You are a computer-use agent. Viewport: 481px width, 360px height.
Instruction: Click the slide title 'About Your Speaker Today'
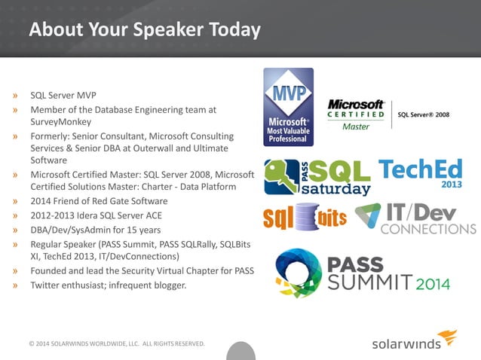[x=144, y=30]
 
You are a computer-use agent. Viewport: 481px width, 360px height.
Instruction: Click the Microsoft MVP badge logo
[x=288, y=107]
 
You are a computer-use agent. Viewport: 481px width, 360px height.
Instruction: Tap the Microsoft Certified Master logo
[x=357, y=114]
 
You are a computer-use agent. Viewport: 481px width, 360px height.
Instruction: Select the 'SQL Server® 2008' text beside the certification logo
[x=424, y=114]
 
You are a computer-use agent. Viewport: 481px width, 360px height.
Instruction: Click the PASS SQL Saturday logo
[x=317, y=177]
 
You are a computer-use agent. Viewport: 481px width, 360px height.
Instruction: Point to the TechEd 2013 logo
[x=421, y=173]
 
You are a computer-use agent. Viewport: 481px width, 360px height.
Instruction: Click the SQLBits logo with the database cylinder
[x=305, y=218]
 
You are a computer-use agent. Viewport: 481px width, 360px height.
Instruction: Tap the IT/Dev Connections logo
[x=415, y=218]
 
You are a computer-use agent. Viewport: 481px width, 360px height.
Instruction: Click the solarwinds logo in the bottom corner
[x=414, y=341]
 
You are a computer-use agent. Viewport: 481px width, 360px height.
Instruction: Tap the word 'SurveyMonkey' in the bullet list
[x=60, y=122]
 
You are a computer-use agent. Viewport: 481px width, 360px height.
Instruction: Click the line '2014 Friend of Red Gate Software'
[x=99, y=201]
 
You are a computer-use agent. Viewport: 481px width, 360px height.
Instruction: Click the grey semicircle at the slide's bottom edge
[x=240, y=352]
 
